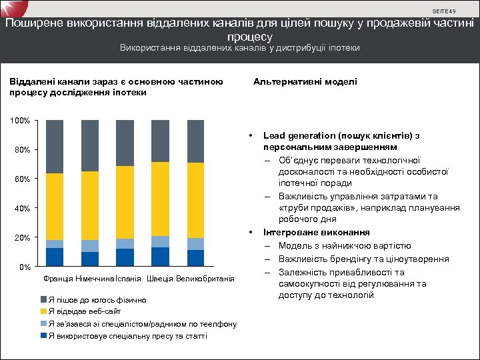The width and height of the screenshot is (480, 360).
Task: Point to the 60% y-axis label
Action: (x=23, y=179)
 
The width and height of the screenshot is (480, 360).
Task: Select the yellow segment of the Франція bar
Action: (x=55, y=207)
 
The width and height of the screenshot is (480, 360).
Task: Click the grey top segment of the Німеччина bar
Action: (x=90, y=145)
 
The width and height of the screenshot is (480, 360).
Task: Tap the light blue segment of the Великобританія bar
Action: (x=195, y=244)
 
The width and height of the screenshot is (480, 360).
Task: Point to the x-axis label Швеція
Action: (x=159, y=278)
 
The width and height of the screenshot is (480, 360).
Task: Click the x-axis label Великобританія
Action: (x=205, y=278)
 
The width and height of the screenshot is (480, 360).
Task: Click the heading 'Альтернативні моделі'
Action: (x=305, y=81)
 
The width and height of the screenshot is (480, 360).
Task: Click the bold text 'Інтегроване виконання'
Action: (x=317, y=233)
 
